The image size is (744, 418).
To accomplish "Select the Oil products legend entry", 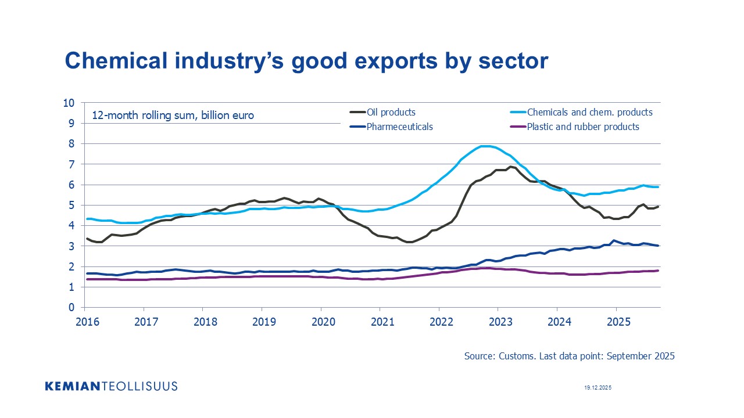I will point(391,112).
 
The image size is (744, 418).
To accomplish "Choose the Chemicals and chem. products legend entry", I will point(589,112).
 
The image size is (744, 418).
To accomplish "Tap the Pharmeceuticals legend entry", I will point(399,127).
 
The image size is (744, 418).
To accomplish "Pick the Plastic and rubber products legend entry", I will point(582,127).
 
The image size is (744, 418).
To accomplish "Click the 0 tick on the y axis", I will point(72,308).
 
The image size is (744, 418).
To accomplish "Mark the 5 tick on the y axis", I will point(72,206).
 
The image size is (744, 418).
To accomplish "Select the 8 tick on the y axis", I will point(72,144).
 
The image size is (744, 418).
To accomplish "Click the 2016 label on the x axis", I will point(84,322).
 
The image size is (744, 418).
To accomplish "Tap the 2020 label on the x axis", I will point(321,322).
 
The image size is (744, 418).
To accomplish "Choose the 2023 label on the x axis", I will point(498,322).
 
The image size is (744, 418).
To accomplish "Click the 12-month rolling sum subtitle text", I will point(173,116).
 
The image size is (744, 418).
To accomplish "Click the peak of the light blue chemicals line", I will point(485,146).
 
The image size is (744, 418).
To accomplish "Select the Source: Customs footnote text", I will point(569,356).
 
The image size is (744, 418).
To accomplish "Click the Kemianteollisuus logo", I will point(111,386).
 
